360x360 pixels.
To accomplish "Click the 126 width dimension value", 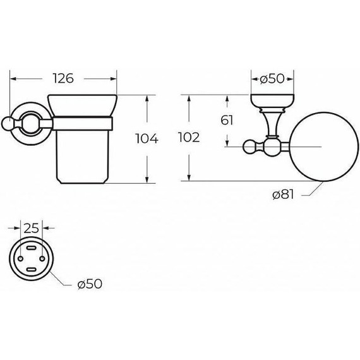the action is point(63,78).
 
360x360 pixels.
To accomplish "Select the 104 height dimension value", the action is point(147,139).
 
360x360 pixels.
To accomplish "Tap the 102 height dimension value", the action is point(189,138).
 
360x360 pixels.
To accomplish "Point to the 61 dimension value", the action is point(227,120).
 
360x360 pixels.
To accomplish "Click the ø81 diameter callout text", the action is point(283,195).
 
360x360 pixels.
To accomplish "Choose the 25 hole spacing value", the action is point(32,229).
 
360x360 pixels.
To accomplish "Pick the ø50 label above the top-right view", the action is point(272,79).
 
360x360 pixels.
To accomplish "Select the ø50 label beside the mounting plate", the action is point(90,284).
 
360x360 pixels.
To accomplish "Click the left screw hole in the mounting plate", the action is point(20,259).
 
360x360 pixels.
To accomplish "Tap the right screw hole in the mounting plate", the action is point(42,258).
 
